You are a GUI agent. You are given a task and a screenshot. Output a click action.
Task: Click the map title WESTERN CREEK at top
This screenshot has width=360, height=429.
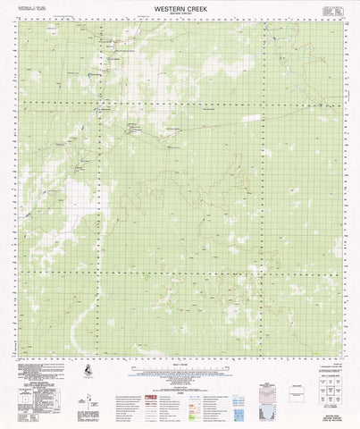[180, 8]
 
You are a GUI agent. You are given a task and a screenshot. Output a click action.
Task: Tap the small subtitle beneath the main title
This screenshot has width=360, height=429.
[180, 15]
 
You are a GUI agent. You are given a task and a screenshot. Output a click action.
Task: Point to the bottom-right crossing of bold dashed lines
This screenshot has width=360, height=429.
[264, 273]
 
